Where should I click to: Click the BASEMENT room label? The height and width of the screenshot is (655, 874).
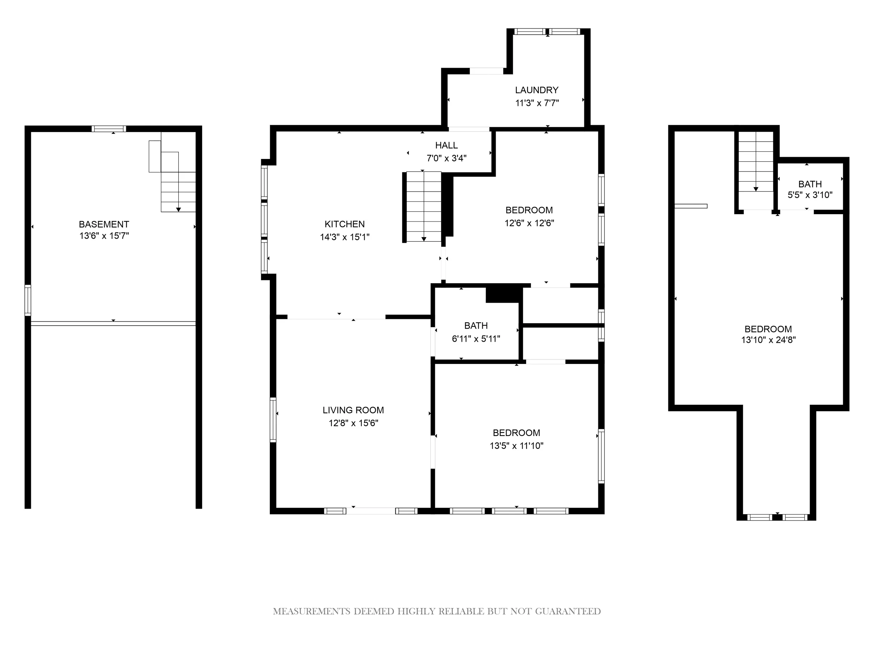coord(104,224)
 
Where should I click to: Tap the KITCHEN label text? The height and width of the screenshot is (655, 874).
coord(345,224)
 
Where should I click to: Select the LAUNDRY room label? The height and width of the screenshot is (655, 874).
coord(537,90)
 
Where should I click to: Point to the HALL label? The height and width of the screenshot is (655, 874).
coord(446,145)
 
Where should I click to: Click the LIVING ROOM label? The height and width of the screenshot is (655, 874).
coord(353,410)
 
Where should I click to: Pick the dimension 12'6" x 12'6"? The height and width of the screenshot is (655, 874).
coord(529,223)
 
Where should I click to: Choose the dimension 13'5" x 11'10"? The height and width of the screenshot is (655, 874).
coord(516,446)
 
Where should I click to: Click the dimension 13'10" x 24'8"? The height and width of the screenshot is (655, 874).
coord(768,340)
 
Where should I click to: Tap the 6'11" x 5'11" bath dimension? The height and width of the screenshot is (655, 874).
coord(476,339)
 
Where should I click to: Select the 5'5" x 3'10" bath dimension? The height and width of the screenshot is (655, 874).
coord(810,195)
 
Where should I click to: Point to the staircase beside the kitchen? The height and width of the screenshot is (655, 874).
coord(424,206)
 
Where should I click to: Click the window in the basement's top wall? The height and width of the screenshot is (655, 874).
coord(109,129)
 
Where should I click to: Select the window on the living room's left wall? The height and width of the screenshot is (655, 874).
coord(273,420)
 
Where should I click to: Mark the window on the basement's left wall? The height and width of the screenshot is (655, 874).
coord(28,300)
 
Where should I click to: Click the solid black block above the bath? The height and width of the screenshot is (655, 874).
coord(502,294)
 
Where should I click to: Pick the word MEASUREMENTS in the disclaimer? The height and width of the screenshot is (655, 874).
coord(312,612)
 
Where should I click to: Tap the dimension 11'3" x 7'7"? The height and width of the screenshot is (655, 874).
coord(537,103)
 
